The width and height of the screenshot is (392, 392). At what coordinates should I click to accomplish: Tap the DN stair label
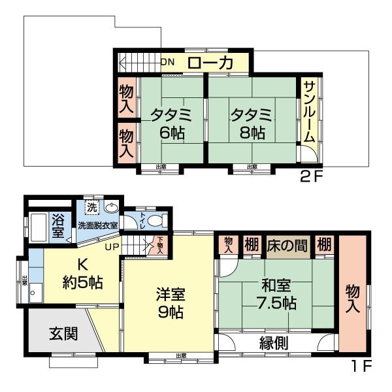pos(169,63)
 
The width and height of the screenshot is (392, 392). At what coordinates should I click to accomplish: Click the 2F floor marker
pos(312,176)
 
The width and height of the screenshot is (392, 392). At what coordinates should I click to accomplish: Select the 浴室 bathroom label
pos(58,225)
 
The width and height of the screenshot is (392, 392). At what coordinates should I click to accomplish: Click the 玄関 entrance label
pos(64,333)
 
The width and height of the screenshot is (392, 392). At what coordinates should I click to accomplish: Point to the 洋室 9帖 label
pos(171,302)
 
